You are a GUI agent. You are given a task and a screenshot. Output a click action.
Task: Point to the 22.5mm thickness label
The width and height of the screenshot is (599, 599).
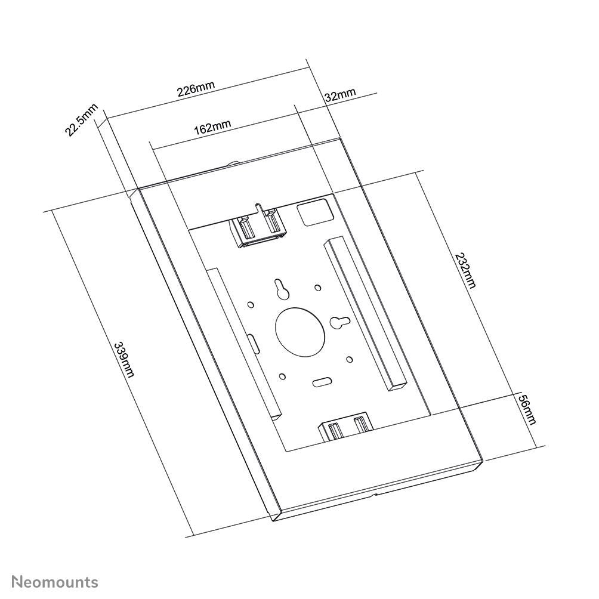point(81,120)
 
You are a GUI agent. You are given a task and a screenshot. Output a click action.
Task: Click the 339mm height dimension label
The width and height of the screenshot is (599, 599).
point(124,359)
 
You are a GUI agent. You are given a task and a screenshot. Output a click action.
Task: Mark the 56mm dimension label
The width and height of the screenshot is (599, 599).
point(527,409)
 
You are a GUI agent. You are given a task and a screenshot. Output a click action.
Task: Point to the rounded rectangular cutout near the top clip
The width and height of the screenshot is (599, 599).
point(316,212)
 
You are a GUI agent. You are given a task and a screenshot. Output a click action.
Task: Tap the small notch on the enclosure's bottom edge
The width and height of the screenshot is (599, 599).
point(374,495)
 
